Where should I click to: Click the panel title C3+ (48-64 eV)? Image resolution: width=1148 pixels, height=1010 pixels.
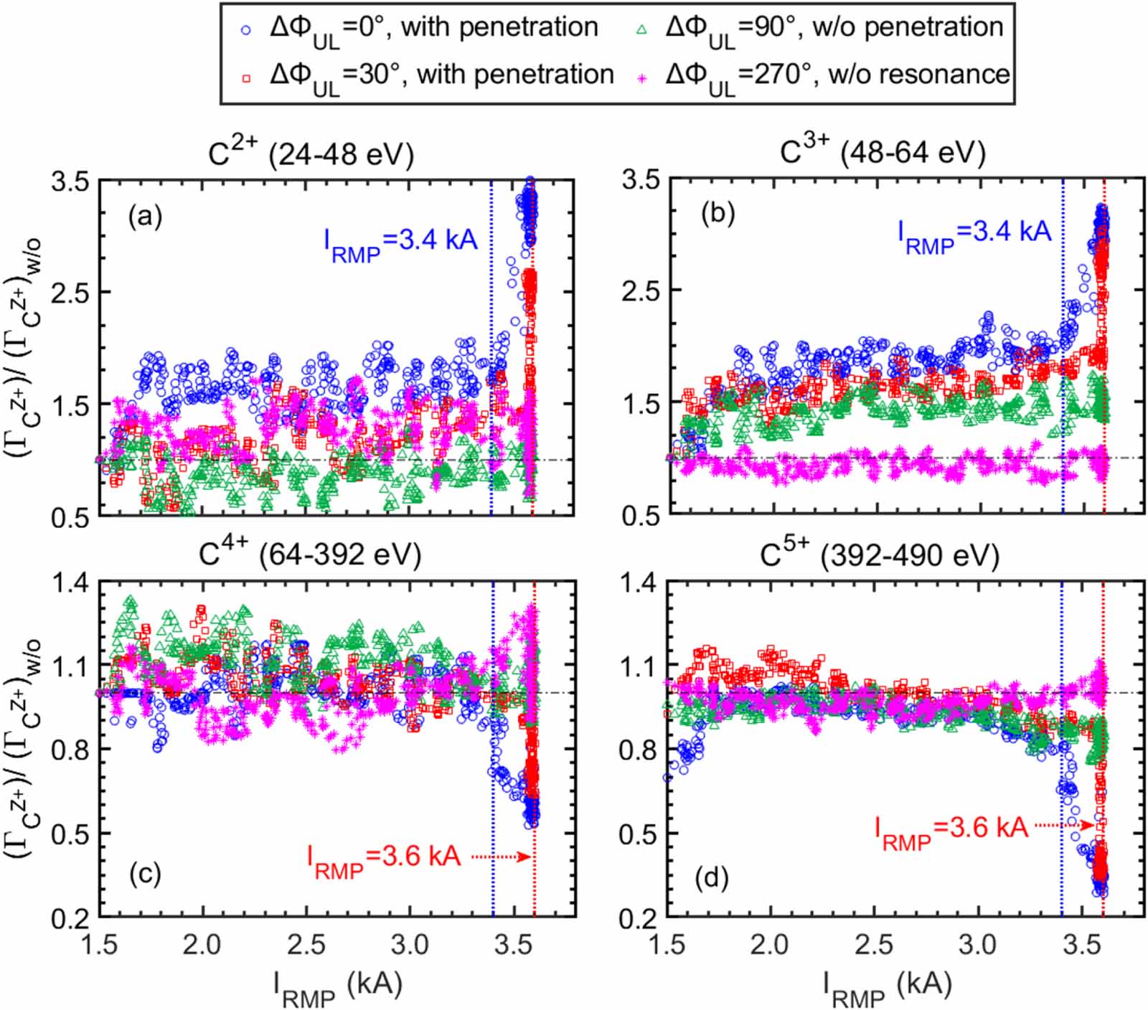coord(883,151)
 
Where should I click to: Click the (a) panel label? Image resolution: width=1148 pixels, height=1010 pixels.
coord(145,215)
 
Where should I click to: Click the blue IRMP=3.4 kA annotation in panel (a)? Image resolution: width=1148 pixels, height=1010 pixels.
coord(400,242)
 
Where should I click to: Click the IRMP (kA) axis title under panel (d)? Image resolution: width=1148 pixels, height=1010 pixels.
coord(887,986)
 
